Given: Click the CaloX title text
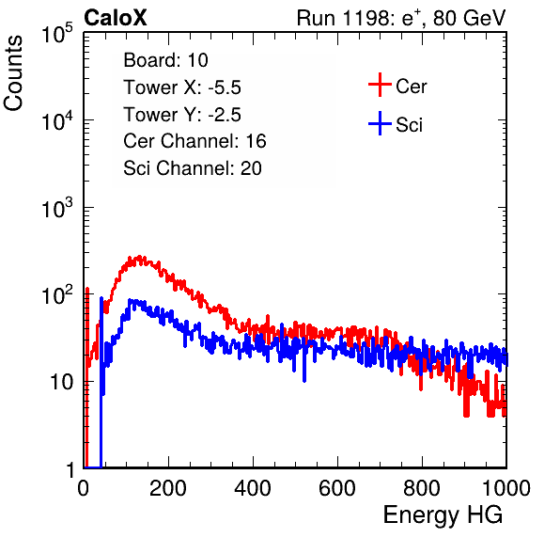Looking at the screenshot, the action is click(x=115, y=18).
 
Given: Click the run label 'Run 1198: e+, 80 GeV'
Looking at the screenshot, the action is click(x=401, y=18).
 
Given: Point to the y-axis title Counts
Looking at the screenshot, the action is click(x=13, y=73).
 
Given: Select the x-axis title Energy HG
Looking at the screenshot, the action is click(x=443, y=515).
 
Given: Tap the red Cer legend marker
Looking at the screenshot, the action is click(x=380, y=85).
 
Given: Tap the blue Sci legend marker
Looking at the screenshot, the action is click(x=380, y=124).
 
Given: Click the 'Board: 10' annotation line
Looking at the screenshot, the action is click(x=165, y=60).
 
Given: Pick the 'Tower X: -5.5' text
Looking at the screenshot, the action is click(x=182, y=87).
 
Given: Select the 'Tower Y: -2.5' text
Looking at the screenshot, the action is click(x=182, y=115).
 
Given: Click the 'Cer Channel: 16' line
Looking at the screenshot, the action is click(x=194, y=141).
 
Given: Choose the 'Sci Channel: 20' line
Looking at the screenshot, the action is click(x=193, y=168).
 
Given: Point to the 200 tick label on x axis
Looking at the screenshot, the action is click(x=168, y=488).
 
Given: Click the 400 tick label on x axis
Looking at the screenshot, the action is click(x=253, y=488).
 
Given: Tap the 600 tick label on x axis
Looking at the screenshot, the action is click(x=337, y=488).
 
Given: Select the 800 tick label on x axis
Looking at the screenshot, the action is click(x=422, y=488).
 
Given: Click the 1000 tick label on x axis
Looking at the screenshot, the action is click(x=506, y=488).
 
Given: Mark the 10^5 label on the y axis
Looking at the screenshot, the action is click(x=57, y=34).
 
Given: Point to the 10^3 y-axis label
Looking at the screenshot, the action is click(x=57, y=208).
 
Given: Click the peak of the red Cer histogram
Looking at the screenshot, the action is click(x=140, y=257).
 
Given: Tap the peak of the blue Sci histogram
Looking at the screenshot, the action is click(x=130, y=300).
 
